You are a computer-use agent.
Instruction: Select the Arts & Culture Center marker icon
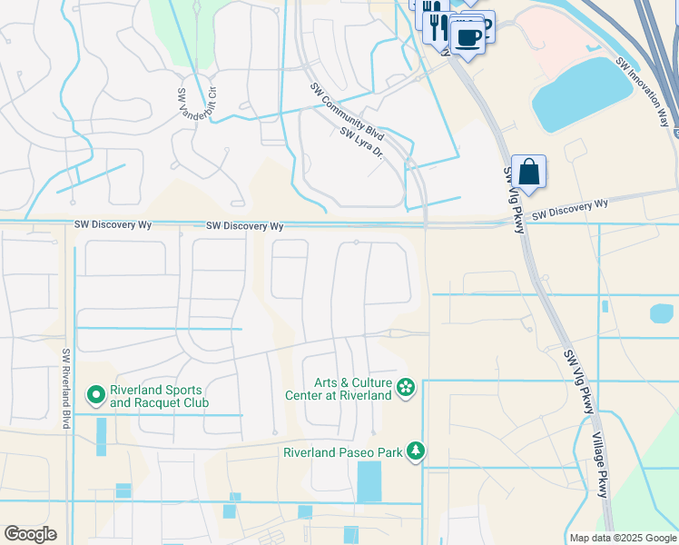[406, 389]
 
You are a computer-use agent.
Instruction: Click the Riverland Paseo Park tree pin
[416, 451]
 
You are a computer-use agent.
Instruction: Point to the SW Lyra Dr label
[362, 144]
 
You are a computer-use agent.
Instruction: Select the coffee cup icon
[468, 38]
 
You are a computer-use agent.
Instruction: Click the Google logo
[30, 534]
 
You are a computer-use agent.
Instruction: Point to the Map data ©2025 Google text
[622, 538]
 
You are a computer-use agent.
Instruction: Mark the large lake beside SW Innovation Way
[580, 94]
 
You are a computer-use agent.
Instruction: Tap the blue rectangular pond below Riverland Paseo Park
[369, 481]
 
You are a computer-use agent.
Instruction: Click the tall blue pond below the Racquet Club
[101, 436]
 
